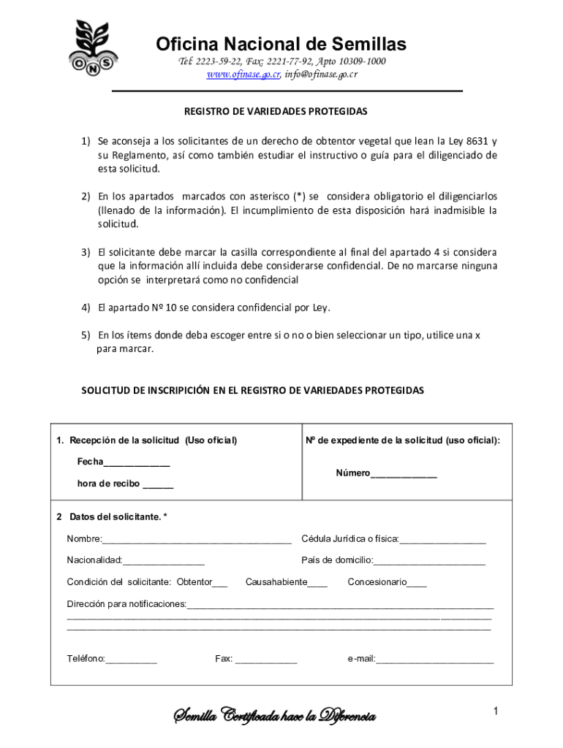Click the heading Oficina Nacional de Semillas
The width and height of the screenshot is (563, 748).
[281, 45]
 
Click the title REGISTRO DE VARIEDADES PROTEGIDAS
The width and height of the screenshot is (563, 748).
[275, 112]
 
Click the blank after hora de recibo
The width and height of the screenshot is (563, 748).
[158, 484]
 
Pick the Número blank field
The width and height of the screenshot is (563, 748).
[404, 473]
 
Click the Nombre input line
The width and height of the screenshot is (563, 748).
[197, 541]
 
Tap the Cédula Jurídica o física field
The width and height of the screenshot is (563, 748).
[442, 541]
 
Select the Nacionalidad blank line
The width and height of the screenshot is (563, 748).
[164, 562]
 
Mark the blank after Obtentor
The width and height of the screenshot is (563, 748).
[220, 584]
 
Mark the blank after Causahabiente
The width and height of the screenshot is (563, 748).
[317, 584]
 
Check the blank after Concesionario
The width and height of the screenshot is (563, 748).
[417, 584]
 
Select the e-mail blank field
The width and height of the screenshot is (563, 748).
[435, 660]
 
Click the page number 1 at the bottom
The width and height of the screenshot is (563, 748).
[495, 711]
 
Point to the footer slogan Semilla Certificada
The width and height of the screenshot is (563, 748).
[274, 715]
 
